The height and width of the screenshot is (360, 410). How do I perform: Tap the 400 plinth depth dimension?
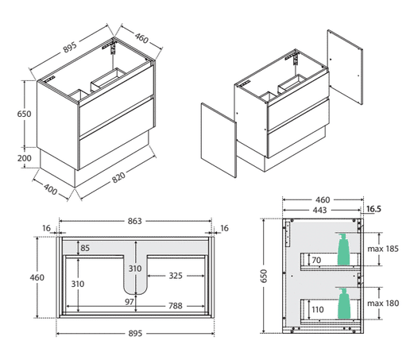pos(50,189)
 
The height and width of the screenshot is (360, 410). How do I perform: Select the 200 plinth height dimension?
pos(25,158)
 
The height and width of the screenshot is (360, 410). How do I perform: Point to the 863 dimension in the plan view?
pos(135,221)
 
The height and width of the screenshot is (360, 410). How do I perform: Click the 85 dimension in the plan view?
pos(85,248)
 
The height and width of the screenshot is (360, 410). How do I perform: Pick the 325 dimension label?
pos(176,276)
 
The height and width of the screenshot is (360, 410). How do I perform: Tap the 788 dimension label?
pos(176,306)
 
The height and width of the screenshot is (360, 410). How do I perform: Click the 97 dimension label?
pos(129,302)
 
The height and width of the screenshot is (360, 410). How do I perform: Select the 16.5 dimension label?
pos(373,209)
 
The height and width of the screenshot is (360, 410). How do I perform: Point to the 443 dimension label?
pos(319,211)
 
